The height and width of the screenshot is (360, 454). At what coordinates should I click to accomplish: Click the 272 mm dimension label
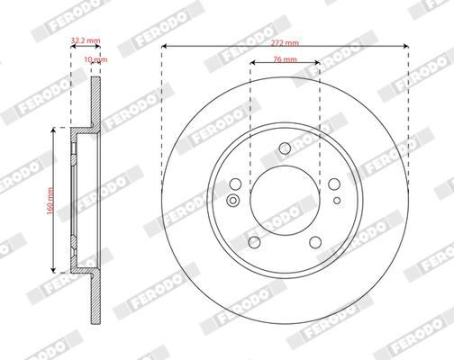coord(286,41)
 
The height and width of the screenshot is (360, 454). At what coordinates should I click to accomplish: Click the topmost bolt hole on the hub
coord(285,149)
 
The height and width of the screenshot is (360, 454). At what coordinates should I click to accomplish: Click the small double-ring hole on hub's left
coord(233,200)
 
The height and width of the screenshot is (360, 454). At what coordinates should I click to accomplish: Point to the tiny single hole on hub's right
coord(336,200)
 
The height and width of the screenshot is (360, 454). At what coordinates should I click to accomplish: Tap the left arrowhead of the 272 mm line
coord(165,48)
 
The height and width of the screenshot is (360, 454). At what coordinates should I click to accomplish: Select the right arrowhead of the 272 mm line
coord(406,48)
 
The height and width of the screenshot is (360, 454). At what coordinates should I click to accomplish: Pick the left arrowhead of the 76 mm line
coord(253,67)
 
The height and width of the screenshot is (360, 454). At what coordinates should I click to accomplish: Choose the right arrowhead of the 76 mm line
coord(317,67)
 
